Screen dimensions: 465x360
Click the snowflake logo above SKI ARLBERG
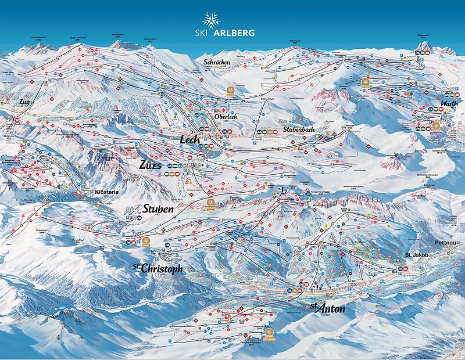pos(211,19)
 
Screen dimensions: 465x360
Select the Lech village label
pos(190,140)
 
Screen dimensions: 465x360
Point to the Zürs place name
pos(150,164)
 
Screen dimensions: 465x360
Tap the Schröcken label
pos(217,62)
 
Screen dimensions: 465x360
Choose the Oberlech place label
pos(226,116)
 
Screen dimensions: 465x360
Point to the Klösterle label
pos(106,191)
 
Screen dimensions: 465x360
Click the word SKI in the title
pos(195,33)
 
